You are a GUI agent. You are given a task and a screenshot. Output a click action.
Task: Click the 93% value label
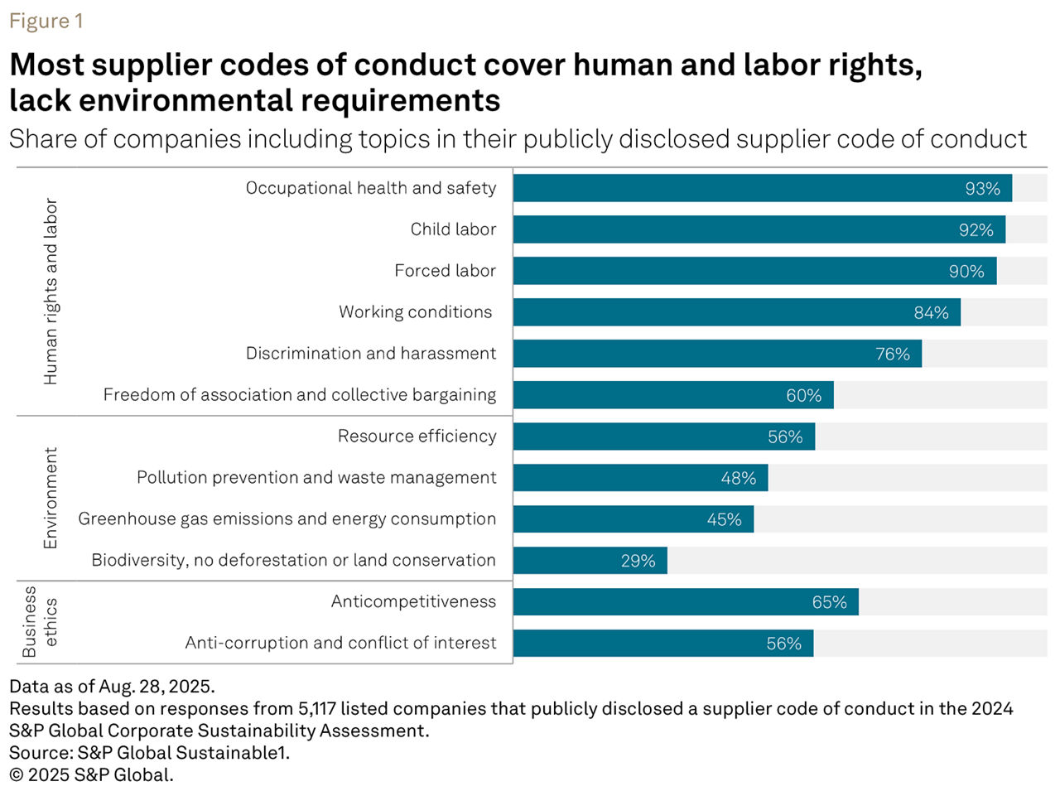(x=982, y=189)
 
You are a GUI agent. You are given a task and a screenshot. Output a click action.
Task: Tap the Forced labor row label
(x=445, y=271)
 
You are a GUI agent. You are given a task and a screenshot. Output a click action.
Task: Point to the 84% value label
(x=931, y=313)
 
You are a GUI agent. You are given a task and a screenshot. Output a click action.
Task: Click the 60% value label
(x=803, y=396)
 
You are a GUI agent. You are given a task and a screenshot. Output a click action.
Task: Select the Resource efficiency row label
(x=417, y=437)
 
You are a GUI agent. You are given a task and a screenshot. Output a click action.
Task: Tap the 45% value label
(x=724, y=520)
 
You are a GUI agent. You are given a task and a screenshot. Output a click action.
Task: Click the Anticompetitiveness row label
(x=413, y=602)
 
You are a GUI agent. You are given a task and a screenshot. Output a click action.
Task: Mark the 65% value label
(x=829, y=603)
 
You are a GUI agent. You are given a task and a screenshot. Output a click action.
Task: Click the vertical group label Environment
(x=51, y=498)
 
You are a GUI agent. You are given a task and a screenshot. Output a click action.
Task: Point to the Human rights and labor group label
(x=51, y=291)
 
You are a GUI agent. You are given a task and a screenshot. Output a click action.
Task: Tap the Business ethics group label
(x=40, y=622)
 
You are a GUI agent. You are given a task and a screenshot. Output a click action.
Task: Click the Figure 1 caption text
(x=46, y=21)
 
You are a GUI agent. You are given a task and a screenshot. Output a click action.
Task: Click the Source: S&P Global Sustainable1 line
(x=149, y=753)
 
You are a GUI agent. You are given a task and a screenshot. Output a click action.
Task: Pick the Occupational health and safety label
(x=371, y=188)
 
